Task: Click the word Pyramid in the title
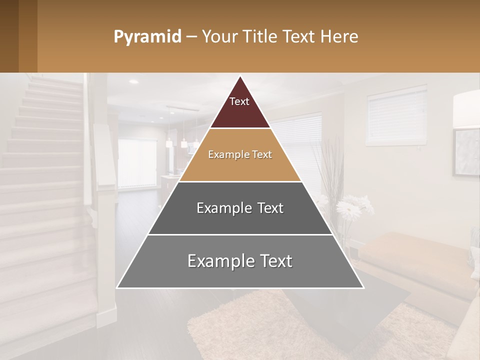coord(147,37)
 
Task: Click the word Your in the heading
coord(218,37)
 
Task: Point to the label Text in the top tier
coord(239,101)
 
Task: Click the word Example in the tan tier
coord(225,154)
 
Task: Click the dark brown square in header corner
coord(9,36)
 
